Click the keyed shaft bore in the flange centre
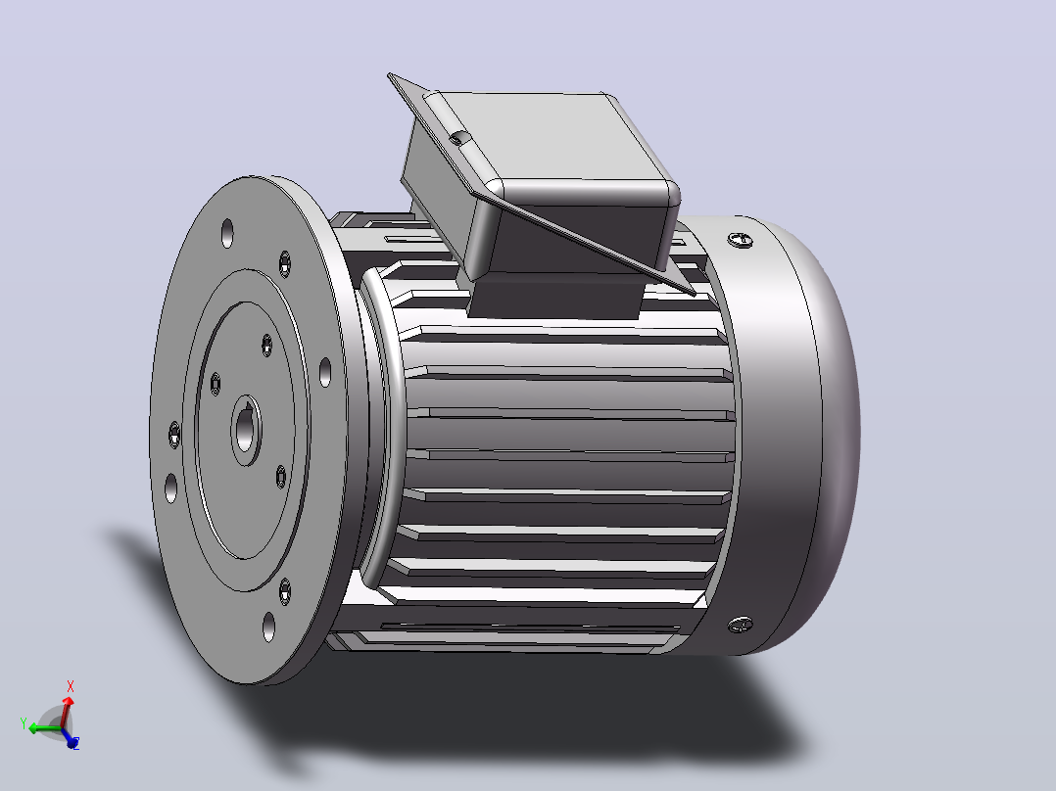click(247, 430)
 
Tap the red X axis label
click(71, 686)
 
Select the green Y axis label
click(24, 723)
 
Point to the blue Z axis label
click(75, 743)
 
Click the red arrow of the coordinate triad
click(66, 711)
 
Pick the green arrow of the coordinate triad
click(44, 728)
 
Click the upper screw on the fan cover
click(741, 240)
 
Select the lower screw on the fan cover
click(741, 626)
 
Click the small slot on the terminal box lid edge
click(457, 139)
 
